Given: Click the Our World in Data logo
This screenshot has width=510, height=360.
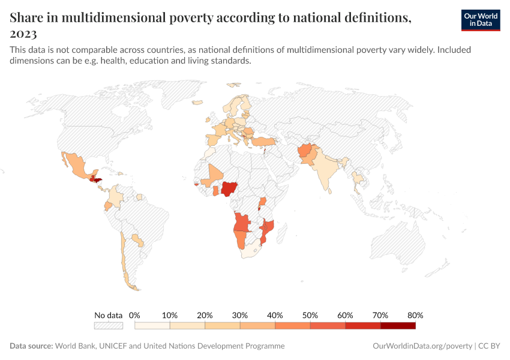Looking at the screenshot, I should click(480, 20).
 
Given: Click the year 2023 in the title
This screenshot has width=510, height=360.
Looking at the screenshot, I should click(23, 34).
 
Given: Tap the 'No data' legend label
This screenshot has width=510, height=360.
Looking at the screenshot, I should click(108, 315).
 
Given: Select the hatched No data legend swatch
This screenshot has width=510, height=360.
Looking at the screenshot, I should click(108, 326).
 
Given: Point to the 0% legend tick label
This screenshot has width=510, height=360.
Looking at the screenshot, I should click(135, 315).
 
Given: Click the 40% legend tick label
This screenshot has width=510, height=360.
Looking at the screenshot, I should click(275, 315).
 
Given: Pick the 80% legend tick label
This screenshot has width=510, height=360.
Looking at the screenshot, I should click(415, 315).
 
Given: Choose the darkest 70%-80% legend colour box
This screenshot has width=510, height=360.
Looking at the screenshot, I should click(398, 326).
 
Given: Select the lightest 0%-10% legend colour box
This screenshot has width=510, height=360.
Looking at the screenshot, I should click(152, 326).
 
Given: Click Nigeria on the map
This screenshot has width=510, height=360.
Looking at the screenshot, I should click(229, 189).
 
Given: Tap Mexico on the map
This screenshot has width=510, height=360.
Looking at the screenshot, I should click(76, 164).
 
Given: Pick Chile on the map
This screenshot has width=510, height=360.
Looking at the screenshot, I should click(123, 258).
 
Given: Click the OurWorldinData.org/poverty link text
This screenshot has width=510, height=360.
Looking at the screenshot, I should click(422, 346).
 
